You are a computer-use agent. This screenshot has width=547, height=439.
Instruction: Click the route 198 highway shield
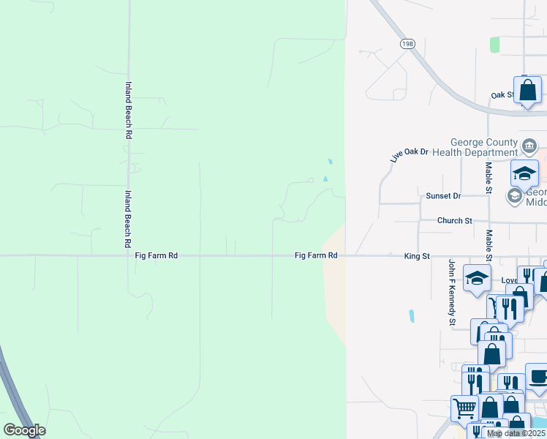(407, 45)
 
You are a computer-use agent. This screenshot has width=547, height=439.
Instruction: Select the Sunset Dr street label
(443, 196)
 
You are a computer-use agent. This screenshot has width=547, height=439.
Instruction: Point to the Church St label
(455, 220)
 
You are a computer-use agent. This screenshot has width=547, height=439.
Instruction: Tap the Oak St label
(501, 95)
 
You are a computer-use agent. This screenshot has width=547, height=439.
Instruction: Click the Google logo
(24, 429)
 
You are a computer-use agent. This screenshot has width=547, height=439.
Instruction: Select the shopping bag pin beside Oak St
(527, 91)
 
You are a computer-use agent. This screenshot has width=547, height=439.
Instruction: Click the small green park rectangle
(495, 45)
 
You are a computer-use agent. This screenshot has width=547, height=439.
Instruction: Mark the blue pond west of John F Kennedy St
(412, 317)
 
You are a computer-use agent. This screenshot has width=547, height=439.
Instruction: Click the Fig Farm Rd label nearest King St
(316, 256)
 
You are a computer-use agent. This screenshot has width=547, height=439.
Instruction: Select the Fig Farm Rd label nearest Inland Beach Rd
(156, 256)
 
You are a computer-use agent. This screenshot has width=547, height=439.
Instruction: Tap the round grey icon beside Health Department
(529, 143)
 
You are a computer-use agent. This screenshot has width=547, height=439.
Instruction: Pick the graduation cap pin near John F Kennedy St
(477, 279)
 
